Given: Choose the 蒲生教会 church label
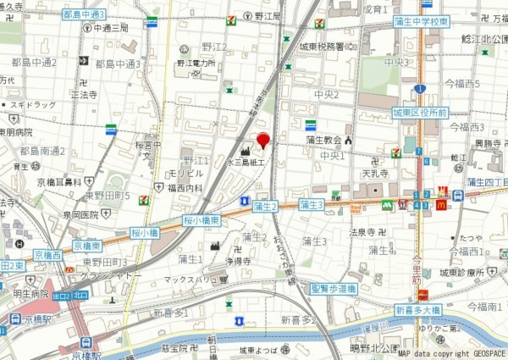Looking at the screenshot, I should [x=323, y=140].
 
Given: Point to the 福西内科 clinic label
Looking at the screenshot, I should [x=185, y=188].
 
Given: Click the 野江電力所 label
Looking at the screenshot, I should [x=196, y=64].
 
